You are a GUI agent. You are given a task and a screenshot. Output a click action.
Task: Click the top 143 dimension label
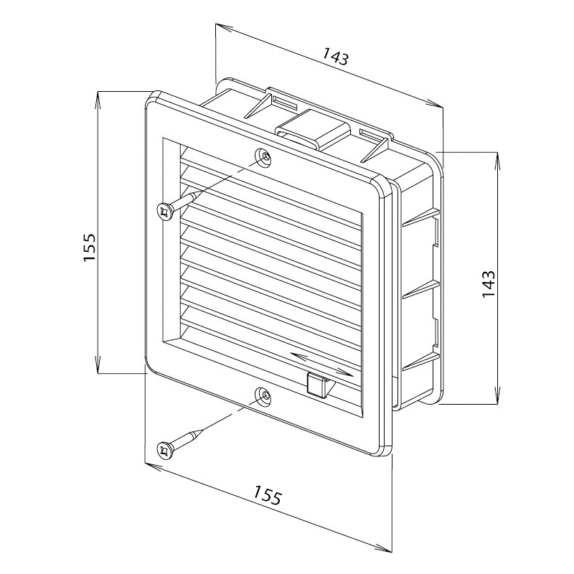coord(335,57)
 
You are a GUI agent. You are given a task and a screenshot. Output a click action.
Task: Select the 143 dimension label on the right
coord(488,284)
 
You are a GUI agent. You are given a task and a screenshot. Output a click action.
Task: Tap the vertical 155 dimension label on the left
coord(89,247)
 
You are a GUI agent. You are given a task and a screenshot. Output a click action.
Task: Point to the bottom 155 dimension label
coord(268,494)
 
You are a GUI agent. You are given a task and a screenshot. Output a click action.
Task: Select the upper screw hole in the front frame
coord(264,156)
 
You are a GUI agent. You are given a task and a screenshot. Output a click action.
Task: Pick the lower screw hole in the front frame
coord(263,396)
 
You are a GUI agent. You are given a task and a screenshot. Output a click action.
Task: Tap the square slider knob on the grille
coord(317,385)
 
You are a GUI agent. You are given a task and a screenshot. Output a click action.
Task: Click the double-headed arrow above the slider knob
coord(321,364)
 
